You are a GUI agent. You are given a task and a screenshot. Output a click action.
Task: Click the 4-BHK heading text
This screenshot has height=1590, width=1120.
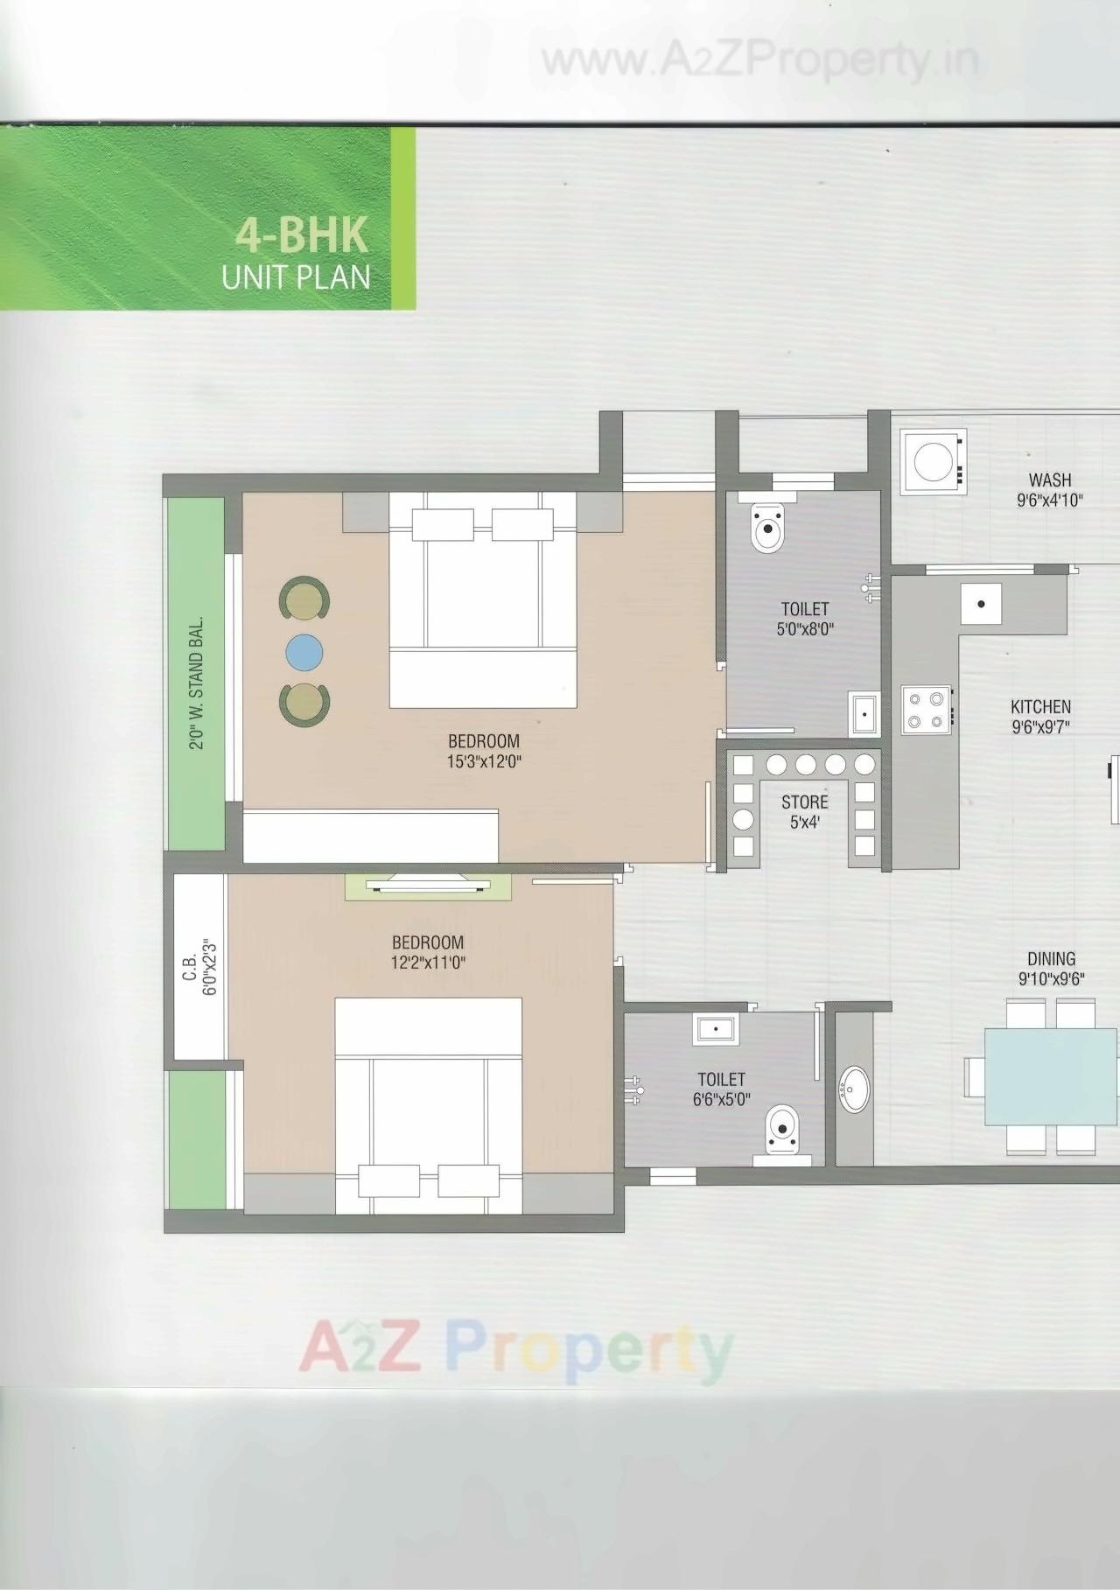[x=301, y=237]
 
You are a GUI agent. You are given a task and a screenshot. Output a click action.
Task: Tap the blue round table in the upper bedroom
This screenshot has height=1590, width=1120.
[x=304, y=652]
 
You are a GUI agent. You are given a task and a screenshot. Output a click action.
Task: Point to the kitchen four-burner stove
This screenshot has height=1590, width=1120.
[x=927, y=710]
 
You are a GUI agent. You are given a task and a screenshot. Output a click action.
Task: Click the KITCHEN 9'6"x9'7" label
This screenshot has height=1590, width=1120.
[x=1040, y=716]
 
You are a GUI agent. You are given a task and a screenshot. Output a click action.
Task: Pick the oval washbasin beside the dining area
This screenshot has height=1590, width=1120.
[x=854, y=1089]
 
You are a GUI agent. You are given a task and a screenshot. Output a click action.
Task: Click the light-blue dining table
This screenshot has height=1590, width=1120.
[x=1050, y=1076]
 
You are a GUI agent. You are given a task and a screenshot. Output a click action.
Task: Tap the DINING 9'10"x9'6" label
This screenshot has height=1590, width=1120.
[x=1051, y=969]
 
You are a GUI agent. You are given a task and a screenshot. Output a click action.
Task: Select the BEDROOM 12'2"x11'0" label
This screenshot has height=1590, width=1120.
[x=428, y=952]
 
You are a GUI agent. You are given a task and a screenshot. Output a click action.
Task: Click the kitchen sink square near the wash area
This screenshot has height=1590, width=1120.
[x=981, y=605]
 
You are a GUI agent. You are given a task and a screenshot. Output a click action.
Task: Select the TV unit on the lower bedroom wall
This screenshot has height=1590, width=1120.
[x=429, y=886]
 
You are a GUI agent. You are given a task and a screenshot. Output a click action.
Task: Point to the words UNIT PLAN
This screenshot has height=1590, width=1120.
[x=296, y=277]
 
